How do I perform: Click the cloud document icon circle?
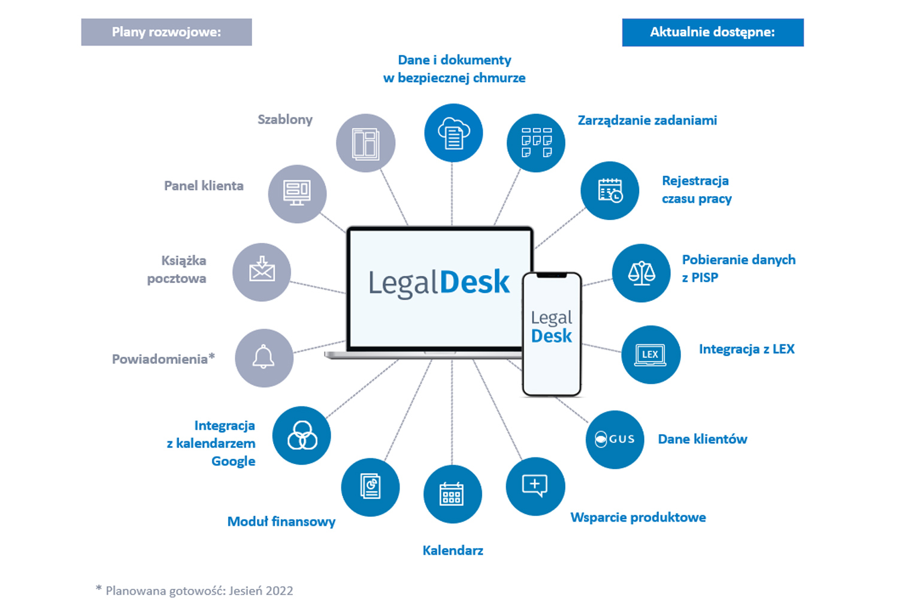[x=453, y=133]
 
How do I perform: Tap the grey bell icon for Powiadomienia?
[x=264, y=358]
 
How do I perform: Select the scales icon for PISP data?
[x=641, y=273]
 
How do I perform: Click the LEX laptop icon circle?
[x=650, y=354]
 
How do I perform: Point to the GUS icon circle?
[x=615, y=439]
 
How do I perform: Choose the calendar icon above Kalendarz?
[x=452, y=494]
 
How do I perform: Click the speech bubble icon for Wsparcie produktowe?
[x=535, y=486]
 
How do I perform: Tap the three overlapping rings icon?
[x=302, y=435]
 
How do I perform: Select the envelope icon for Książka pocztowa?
[x=262, y=272]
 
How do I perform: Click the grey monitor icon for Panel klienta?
[x=297, y=194]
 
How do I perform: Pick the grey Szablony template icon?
[x=365, y=143]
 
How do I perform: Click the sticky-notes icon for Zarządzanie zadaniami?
[x=536, y=143]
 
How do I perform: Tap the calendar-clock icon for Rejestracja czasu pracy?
[x=610, y=191]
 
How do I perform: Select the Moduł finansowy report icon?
[x=370, y=486]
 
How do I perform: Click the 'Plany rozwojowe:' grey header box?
[x=167, y=32]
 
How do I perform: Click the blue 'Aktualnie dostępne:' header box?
[x=713, y=32]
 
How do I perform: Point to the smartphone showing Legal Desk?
[x=552, y=334]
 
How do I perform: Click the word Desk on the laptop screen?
[x=475, y=282]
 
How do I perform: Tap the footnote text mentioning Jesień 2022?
[x=195, y=591]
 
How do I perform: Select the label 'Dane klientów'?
[x=703, y=439]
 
